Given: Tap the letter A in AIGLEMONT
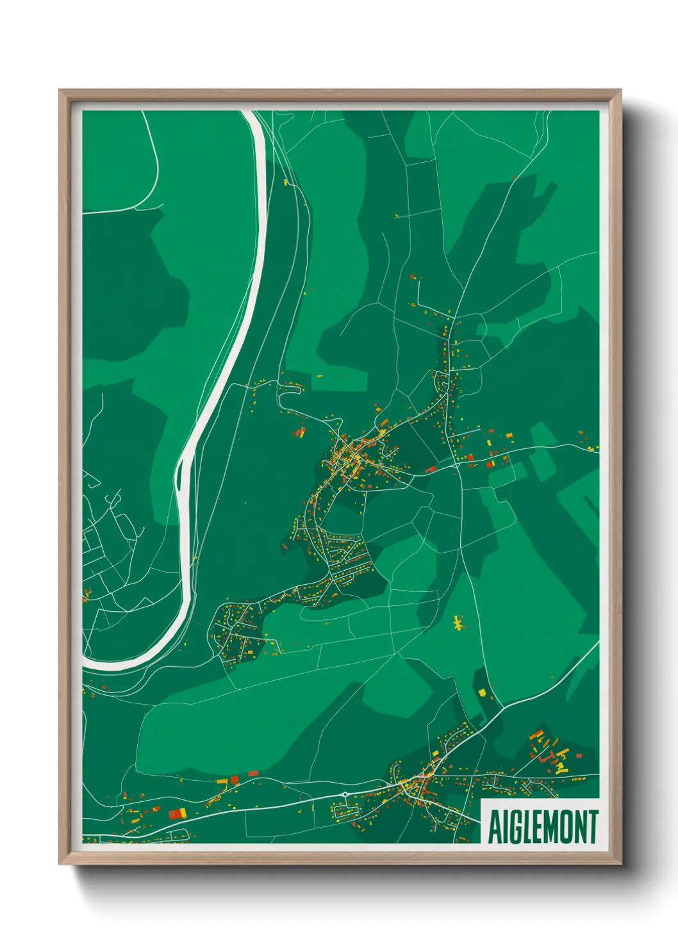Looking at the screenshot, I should tap(495, 827).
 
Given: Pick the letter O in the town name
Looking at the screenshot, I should tap(568, 827).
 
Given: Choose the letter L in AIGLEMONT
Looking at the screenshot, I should tap(527, 827).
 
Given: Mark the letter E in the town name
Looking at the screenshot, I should tap(538, 827).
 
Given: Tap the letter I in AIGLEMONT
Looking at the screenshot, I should tap(505, 827).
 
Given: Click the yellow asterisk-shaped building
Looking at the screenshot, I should tap(458, 623).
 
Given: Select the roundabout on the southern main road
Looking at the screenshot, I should tap(345, 795).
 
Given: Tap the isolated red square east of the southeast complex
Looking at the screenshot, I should tap(579, 756).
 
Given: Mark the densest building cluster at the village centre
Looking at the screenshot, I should tap(349, 456).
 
